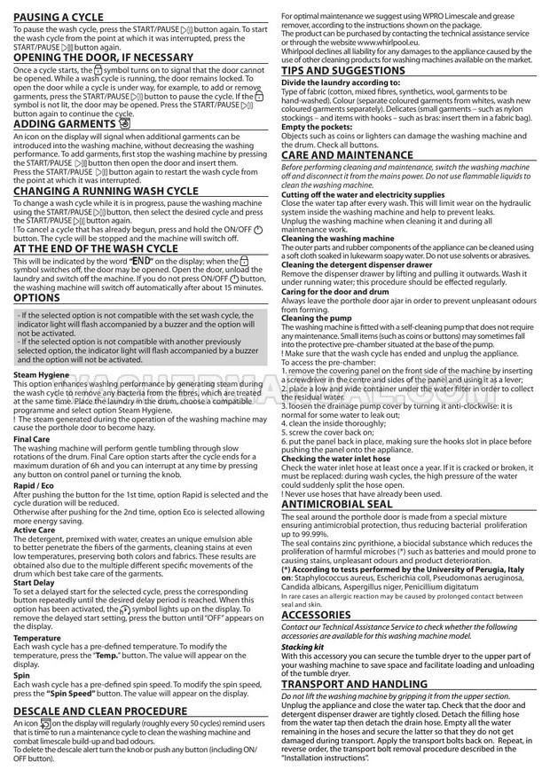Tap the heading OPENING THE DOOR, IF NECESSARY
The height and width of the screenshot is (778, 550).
[103, 57]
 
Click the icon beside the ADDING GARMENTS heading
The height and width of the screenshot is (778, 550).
[123, 124]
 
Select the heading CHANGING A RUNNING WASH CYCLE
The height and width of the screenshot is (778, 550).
[118, 191]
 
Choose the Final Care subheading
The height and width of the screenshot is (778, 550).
[32, 439]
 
